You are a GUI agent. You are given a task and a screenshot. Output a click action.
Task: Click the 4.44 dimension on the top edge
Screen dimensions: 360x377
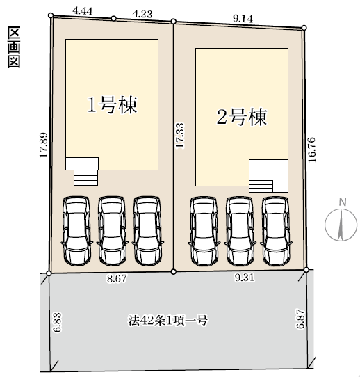tap(83, 11)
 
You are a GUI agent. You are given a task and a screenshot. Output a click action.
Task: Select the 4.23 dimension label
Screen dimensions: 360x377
tap(142, 14)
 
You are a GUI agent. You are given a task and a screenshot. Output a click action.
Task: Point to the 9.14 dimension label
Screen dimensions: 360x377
tap(243, 19)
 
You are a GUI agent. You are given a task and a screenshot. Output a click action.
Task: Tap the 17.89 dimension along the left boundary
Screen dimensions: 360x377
tap(44, 145)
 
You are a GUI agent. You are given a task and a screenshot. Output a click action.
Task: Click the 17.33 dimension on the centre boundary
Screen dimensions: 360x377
tap(180, 136)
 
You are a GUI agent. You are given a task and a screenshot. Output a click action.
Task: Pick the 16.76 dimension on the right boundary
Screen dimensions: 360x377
tap(311, 150)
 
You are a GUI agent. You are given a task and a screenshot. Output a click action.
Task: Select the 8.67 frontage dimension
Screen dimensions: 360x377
tap(117, 279)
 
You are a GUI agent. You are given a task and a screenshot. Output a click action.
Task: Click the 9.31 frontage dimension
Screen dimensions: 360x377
tap(244, 278)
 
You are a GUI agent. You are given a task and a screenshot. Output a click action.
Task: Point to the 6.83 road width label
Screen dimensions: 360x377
tap(58, 322)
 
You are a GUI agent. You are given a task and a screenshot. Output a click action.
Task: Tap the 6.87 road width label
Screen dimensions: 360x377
tap(300, 319)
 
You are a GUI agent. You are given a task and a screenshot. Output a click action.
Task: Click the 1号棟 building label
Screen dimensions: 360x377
tap(112, 105)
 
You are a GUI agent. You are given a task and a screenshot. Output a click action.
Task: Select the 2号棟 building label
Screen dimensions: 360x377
tap(242, 117)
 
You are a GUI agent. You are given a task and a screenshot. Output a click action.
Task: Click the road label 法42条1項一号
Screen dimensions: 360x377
tap(167, 320)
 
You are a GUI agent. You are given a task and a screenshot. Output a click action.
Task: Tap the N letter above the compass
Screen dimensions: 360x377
tap(343, 202)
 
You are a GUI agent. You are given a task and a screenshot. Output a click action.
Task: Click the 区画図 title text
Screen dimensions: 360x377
tap(14, 47)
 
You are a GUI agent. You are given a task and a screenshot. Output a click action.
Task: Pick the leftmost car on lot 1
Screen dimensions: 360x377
tap(76, 231)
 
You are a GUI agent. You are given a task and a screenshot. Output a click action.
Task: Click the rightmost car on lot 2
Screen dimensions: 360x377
tap(276, 232)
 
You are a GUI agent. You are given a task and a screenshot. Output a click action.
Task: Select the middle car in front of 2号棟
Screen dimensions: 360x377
tap(240, 232)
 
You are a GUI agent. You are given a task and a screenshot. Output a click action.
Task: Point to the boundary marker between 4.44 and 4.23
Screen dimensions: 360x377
tap(114, 19)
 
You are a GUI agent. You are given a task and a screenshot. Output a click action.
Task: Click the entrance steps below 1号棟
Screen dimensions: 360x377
tap(85, 177)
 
